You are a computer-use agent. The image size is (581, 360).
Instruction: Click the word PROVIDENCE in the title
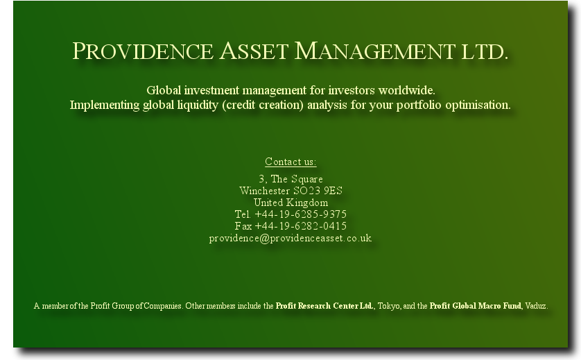point(143,51)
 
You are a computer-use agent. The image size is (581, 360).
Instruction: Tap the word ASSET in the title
point(254,51)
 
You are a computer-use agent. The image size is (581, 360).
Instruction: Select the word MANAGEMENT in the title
point(374,51)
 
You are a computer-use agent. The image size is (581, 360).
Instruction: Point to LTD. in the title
point(484,51)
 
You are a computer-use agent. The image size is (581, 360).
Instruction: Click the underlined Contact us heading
point(290,162)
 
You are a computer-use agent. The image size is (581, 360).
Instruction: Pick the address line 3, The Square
point(290,179)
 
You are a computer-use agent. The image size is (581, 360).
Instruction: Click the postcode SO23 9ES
point(318,191)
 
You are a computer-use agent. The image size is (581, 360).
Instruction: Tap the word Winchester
point(265,191)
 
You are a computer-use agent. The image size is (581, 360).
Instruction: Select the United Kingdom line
point(291,203)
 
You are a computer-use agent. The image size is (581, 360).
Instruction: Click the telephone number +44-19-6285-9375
point(300,214)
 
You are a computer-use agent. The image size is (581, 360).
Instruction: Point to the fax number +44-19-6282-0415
point(300,226)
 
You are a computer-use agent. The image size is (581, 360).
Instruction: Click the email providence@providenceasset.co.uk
point(290,238)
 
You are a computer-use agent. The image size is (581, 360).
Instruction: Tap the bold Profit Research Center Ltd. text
point(324,306)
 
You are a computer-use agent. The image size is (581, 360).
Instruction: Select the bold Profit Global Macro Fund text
point(476,306)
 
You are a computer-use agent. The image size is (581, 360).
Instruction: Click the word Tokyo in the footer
point(389,306)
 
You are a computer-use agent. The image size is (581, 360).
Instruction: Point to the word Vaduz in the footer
point(536,306)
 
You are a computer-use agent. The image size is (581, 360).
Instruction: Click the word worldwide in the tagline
point(406,90)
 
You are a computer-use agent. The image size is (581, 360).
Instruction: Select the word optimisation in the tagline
point(478,105)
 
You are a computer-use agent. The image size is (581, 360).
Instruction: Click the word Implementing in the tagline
point(105,105)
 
